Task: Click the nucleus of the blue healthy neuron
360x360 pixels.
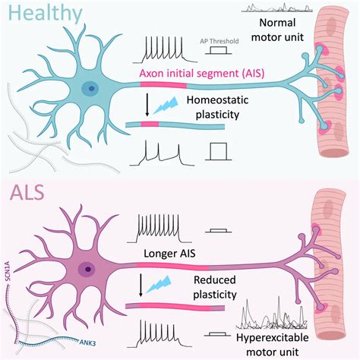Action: tap(93, 90)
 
